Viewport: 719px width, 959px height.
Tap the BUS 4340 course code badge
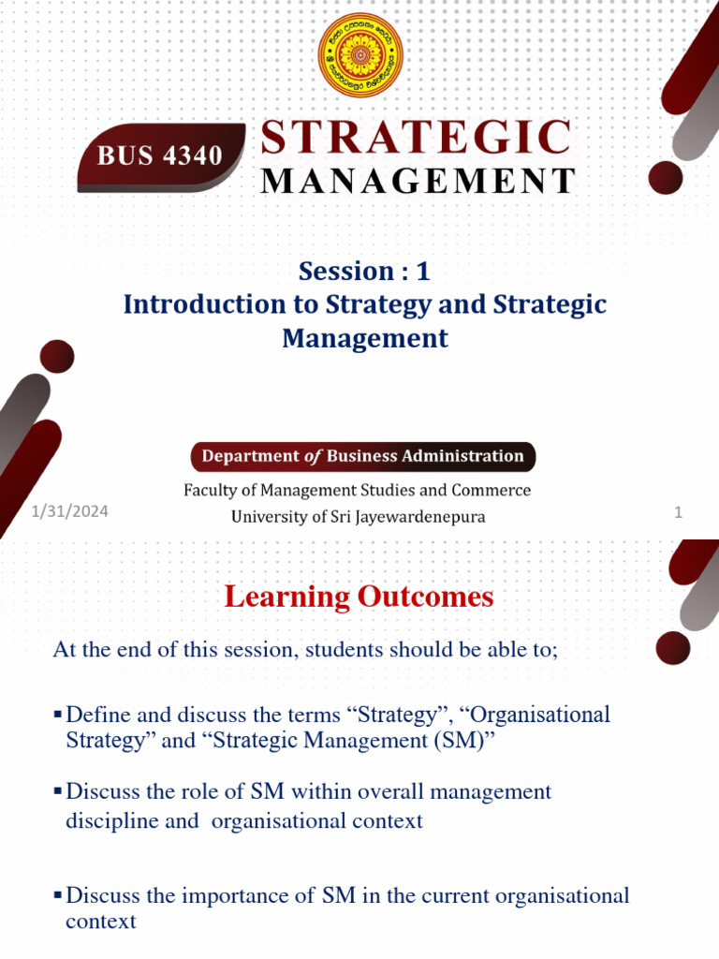click(161, 155)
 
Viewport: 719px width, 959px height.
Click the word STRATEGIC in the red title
click(416, 137)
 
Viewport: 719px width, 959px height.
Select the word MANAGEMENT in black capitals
click(417, 181)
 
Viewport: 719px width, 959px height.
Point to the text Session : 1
click(364, 272)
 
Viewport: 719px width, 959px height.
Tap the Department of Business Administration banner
click(364, 456)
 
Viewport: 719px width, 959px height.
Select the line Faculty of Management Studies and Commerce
click(357, 490)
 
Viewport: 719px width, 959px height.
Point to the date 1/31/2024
click(68, 511)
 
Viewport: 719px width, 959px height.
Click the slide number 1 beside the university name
click(678, 513)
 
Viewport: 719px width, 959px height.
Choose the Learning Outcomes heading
click(359, 598)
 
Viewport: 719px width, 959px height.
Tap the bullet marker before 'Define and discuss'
click(58, 716)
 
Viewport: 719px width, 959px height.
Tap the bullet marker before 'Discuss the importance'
click(58, 896)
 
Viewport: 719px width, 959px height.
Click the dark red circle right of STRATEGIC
click(666, 177)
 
